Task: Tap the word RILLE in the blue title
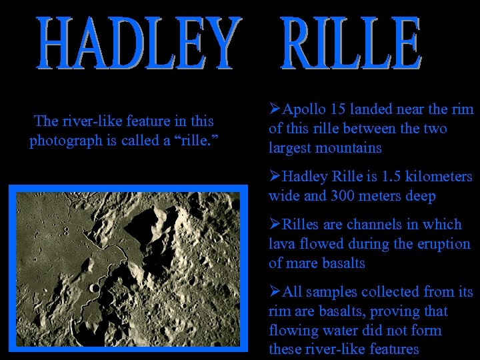(x=351, y=45)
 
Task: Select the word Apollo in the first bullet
(x=303, y=109)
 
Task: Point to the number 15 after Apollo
(x=335, y=109)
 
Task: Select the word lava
(x=281, y=244)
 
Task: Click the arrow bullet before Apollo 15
(x=274, y=109)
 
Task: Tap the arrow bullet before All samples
(x=274, y=292)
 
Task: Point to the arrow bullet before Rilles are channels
(x=274, y=225)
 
